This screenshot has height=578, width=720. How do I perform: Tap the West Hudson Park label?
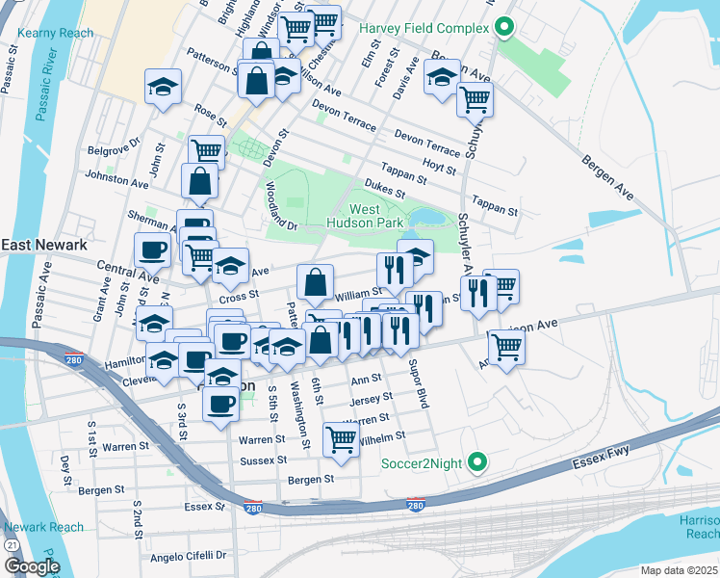[376, 216]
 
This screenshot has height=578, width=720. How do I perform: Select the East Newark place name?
[43, 246]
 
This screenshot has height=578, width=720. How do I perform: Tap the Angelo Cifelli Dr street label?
[188, 556]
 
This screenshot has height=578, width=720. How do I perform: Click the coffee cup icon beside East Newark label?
[152, 250]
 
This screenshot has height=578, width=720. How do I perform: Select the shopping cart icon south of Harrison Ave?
[506, 347]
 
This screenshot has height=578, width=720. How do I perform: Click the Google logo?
[31, 566]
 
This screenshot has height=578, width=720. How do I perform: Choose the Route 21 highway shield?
[11, 545]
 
